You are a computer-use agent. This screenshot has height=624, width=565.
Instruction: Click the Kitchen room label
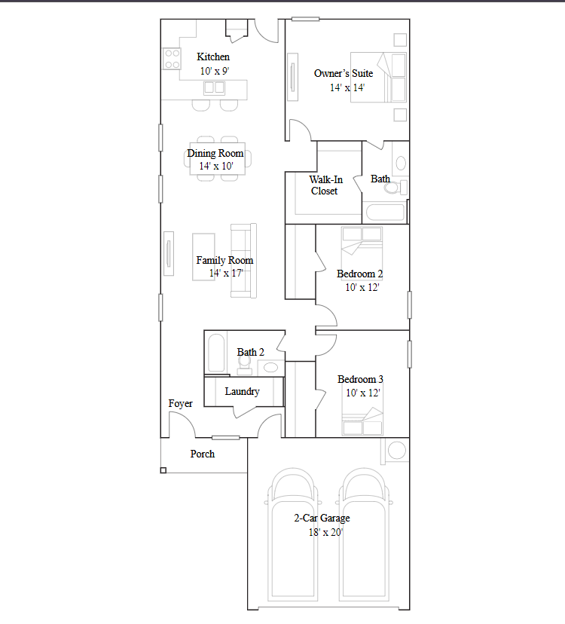coord(213,57)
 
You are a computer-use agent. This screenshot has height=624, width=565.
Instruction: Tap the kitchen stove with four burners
coord(172,59)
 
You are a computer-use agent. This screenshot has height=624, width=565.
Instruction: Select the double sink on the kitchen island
coord(214,87)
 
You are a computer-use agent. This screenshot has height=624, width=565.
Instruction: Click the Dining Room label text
coord(215,154)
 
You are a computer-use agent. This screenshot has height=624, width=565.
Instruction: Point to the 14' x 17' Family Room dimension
coord(226,274)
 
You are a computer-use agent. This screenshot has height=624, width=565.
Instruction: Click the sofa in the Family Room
coord(244,260)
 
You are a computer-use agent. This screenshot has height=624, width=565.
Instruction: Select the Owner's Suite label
coord(344,74)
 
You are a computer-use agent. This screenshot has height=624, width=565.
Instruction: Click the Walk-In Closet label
coord(325,185)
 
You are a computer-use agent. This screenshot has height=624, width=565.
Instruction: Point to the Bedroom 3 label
coord(360,380)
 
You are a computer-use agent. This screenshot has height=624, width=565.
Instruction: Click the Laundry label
coord(243,392)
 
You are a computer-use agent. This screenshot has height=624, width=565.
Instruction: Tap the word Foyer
coord(180,404)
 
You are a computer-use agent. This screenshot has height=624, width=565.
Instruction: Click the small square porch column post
coord(163,470)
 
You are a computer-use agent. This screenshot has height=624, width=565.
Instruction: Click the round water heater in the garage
coord(396,451)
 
